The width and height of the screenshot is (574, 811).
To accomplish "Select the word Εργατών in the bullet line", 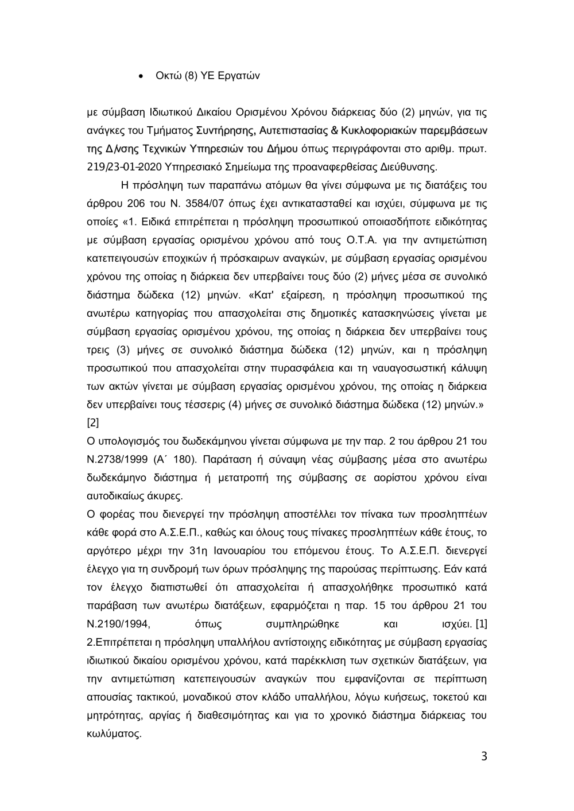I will [x=240, y=76].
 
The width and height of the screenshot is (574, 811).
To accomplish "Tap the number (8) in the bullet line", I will [x=191, y=76].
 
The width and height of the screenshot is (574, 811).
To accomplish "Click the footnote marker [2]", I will [x=92, y=422].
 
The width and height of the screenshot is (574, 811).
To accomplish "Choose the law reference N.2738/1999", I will [x=118, y=459].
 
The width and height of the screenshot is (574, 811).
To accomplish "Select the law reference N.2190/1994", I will [x=118, y=624].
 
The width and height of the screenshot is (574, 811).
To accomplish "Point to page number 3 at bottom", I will [x=483, y=756].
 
